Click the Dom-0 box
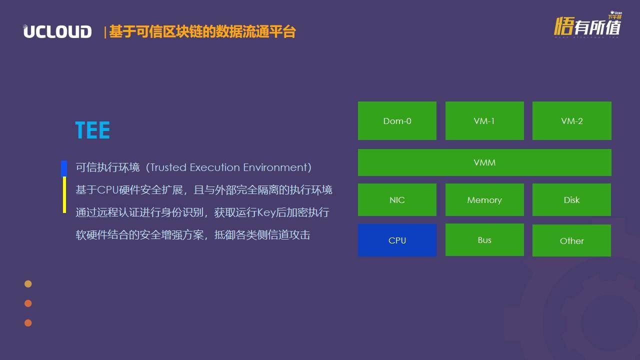click(397, 120)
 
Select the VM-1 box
click(484, 120)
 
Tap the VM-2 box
click(571, 120)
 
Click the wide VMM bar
click(484, 162)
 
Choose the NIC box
click(397, 199)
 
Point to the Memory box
click(484, 199)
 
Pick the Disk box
click(571, 199)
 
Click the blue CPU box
click(397, 240)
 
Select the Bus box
click(484, 239)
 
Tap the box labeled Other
click(571, 240)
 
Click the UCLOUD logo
click(57, 31)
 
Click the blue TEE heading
click(92, 130)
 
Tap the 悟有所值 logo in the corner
click(587, 25)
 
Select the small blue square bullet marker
click(64, 168)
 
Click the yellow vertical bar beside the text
click(64, 195)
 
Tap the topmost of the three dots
click(28, 283)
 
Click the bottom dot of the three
click(28, 323)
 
